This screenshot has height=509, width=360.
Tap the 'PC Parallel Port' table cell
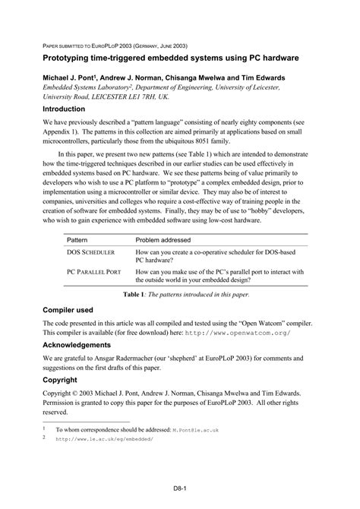[x=93, y=270]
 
